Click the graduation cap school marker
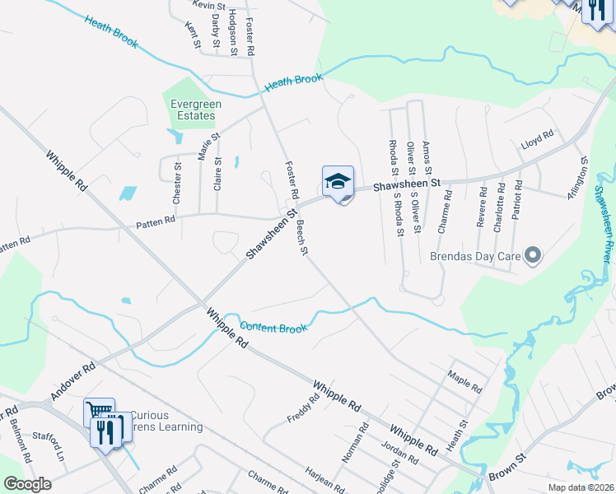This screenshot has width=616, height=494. pos(337,181)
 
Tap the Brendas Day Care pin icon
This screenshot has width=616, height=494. pos(532,256)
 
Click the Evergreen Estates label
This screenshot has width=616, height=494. pos(192,110)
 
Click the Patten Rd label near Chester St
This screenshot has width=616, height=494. pos(156,220)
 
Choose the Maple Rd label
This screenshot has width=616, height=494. pos(464,381)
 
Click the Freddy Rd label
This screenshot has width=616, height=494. pos(304,407)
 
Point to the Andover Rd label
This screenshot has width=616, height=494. pos(73,380)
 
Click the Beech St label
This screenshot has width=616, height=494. pos(301,239)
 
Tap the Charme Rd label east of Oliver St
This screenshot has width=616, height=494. pos(445,212)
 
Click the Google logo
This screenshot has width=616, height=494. pos(27,483)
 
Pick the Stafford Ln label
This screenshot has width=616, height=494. pos(49,447)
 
